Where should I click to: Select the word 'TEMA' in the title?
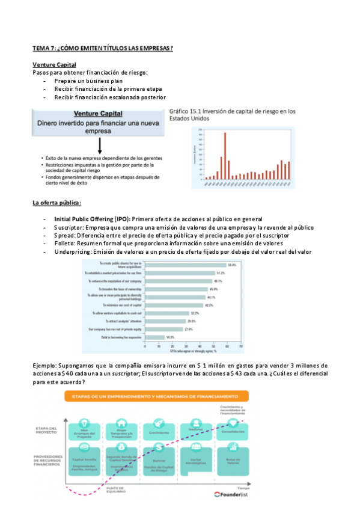coord(42,48)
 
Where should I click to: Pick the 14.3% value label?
coord(171,337)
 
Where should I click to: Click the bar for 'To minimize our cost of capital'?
coord(177,305)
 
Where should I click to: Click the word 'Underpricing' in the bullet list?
coord(72,253)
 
